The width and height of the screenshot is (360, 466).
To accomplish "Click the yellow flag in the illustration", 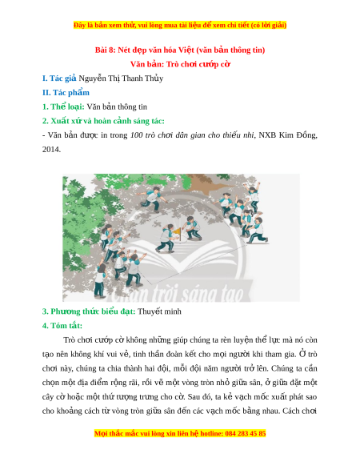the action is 177,231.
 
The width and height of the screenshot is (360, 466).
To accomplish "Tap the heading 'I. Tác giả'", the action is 59,78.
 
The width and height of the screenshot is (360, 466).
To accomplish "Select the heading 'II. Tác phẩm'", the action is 66,92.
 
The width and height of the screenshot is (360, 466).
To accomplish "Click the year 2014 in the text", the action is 51,149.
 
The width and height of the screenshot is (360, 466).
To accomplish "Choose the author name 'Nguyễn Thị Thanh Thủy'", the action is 121,78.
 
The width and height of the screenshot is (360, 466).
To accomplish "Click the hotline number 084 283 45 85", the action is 246,433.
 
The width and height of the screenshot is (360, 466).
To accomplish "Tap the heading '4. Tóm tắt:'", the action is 62,325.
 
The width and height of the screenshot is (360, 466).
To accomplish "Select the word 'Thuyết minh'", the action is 159,311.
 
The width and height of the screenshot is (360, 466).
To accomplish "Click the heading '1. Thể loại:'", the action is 63,106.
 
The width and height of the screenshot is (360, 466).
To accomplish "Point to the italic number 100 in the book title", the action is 137,135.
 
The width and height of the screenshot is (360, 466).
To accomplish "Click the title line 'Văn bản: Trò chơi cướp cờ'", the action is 180,64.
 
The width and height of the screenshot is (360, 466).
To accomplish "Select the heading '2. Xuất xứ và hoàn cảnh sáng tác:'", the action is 103,121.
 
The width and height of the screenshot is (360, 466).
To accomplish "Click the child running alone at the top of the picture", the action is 152,199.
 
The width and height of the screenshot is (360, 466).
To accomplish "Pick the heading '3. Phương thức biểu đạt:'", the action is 89,311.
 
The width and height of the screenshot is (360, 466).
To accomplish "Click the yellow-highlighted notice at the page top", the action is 180,26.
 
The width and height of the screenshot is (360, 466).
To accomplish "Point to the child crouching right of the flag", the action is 191,228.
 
